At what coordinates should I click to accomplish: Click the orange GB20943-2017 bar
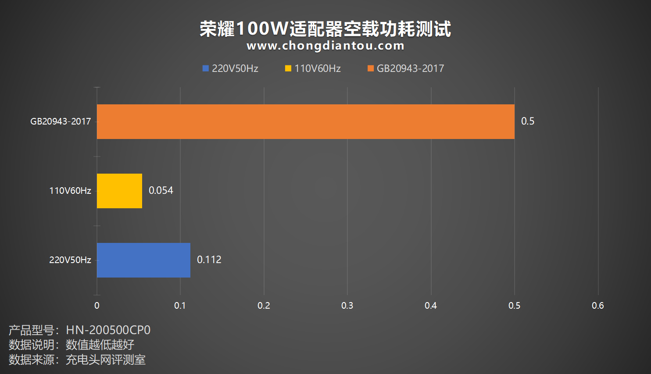[x=305, y=121]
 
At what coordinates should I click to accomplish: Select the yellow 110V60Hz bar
[x=119, y=191]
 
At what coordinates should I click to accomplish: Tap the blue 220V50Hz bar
[x=143, y=260]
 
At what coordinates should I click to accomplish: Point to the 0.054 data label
[x=161, y=190]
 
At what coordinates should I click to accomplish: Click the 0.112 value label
[x=209, y=260]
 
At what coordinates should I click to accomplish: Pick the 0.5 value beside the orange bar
[x=527, y=121]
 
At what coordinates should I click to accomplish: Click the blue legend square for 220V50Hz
[x=205, y=68]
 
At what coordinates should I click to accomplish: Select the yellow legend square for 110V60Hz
[x=288, y=68]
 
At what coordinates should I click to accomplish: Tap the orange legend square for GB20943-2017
[x=370, y=68]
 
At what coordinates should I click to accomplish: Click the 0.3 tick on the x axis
[x=347, y=306]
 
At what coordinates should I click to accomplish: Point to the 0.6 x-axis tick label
[x=597, y=306]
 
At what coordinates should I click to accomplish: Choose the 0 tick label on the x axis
[x=97, y=306]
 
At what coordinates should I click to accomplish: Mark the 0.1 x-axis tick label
[x=180, y=306]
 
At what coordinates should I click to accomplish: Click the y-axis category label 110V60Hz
[x=70, y=191]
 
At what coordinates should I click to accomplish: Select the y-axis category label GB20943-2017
[x=61, y=121]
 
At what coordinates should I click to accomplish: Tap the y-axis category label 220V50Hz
[x=70, y=260]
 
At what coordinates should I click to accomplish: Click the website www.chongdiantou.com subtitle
[x=325, y=46]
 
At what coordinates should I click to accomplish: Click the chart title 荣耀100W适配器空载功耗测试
[x=325, y=29]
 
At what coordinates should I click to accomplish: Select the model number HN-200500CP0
[x=108, y=330]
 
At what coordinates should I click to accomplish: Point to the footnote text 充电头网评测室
[x=105, y=360]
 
